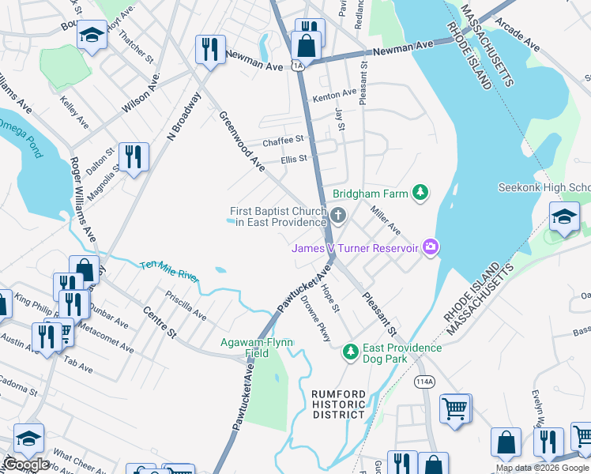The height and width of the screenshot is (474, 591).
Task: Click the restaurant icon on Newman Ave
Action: click(210, 49)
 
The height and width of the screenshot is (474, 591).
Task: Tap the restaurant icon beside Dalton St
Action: click(132, 156)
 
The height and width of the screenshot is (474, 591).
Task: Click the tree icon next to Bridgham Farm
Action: click(421, 192)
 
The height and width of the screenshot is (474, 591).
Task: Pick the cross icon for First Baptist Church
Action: click(338, 215)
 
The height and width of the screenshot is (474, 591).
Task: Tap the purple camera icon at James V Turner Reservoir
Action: click(431, 247)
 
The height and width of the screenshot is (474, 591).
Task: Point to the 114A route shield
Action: click(424, 382)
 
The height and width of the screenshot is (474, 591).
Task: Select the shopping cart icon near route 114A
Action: click(454, 408)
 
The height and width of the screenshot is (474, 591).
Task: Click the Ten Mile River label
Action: click(170, 271)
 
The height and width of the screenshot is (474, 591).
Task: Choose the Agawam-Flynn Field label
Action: click(257, 348)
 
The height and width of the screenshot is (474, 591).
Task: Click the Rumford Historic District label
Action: click(338, 404)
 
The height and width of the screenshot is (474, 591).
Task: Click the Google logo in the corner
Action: click(25, 465)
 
